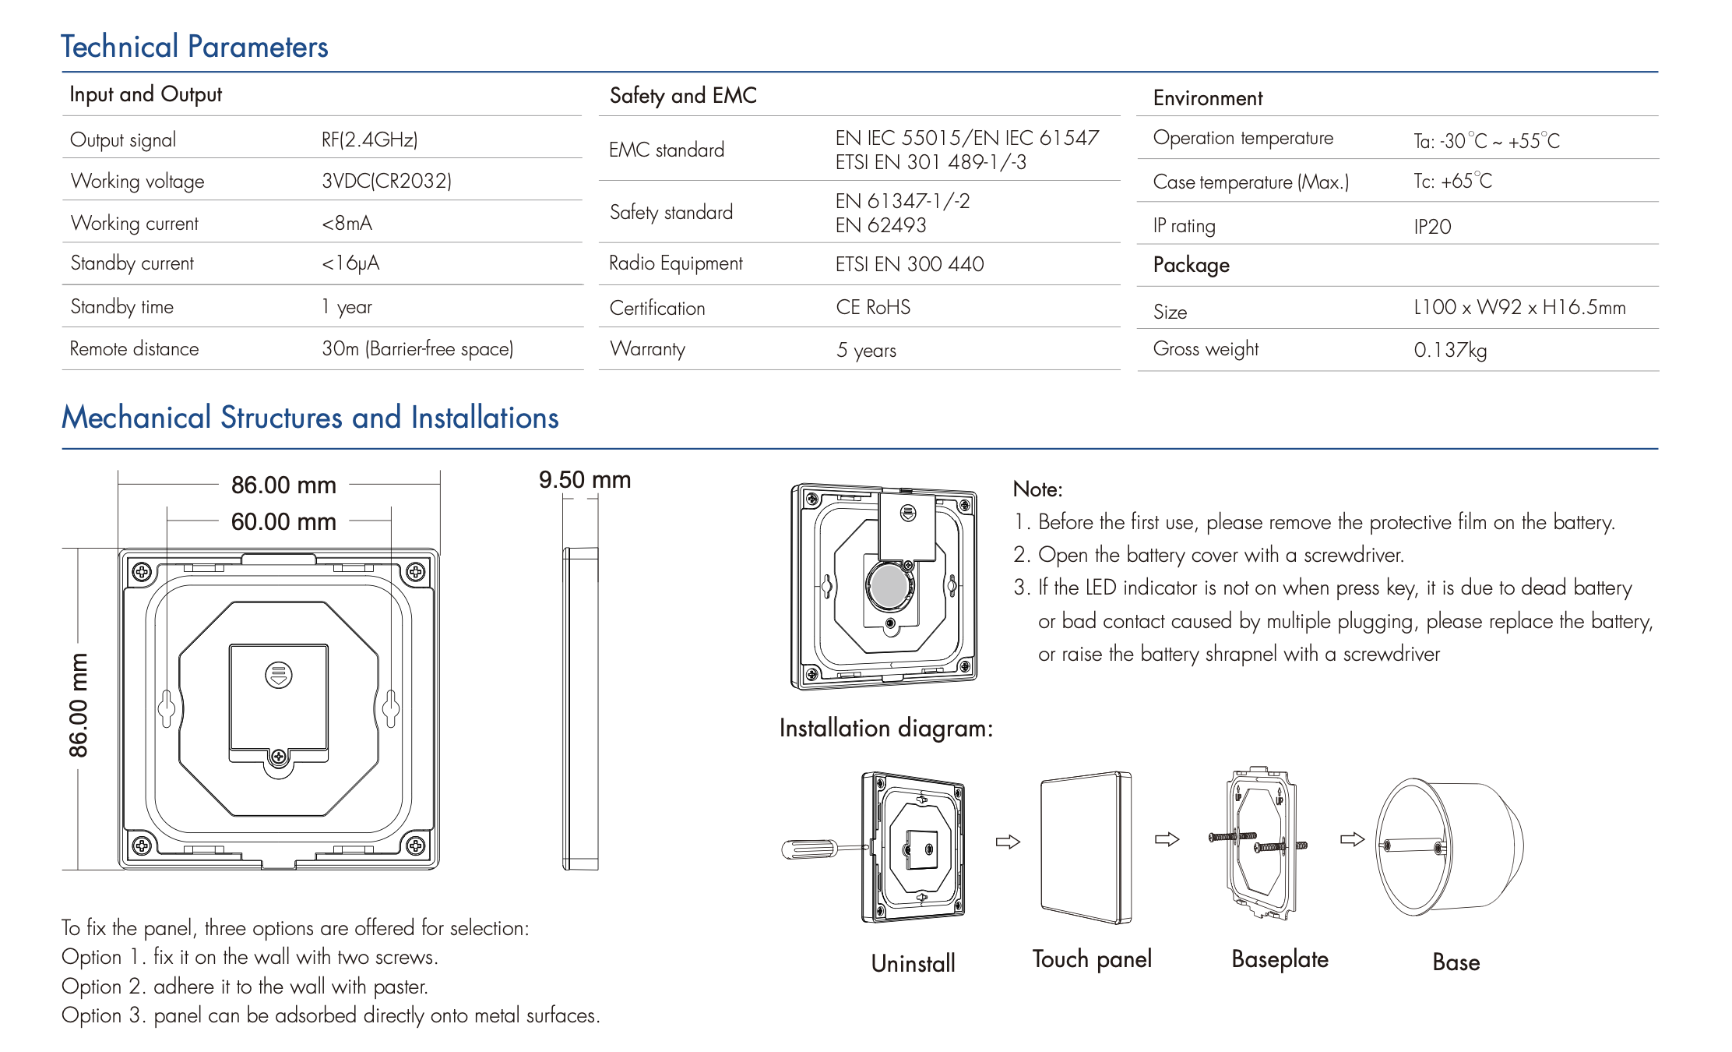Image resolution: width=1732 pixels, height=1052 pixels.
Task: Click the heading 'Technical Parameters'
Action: coord(195,47)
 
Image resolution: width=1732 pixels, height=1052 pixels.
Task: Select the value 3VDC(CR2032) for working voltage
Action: coord(387,181)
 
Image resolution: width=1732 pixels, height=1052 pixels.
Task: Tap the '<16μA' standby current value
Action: coord(350,263)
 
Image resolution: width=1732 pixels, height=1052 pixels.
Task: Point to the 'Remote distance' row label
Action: coord(134,348)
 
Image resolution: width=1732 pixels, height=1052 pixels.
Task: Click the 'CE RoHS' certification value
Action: coord(873,307)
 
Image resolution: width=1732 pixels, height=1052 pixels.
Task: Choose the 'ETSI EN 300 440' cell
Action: coord(910,264)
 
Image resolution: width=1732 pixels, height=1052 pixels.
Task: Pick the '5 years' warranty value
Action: coord(866,351)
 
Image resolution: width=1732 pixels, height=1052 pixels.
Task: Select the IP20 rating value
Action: coord(1432,227)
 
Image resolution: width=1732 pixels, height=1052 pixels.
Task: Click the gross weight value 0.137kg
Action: coord(1450,350)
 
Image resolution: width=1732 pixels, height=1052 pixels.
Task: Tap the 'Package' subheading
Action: coord(1192,265)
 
